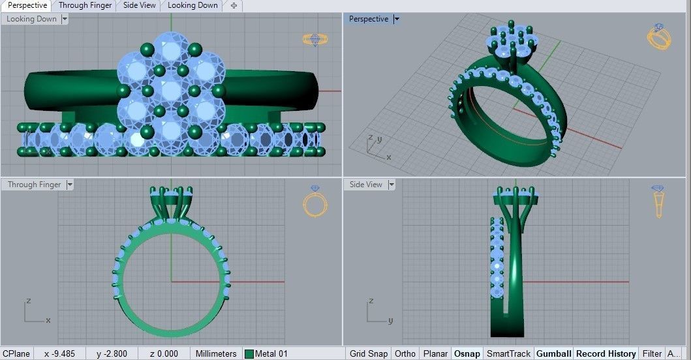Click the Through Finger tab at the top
[x=85, y=5]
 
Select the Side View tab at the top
[x=139, y=5]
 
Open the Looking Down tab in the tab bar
[x=192, y=5]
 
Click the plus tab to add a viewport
[x=234, y=6]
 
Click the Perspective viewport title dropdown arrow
[x=397, y=20]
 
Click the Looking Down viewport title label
[x=31, y=20]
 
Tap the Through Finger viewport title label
[x=34, y=185]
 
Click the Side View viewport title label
[x=365, y=185]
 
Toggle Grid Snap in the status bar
[x=368, y=353]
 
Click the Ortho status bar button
[x=405, y=353]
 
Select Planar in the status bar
[x=435, y=353]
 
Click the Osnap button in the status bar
[x=467, y=353]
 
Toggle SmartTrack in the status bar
[x=508, y=353]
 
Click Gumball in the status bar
[x=553, y=353]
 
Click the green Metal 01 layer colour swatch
[x=249, y=354]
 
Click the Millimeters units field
[x=216, y=353]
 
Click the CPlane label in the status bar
[x=16, y=353]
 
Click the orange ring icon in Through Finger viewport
[x=315, y=202]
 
